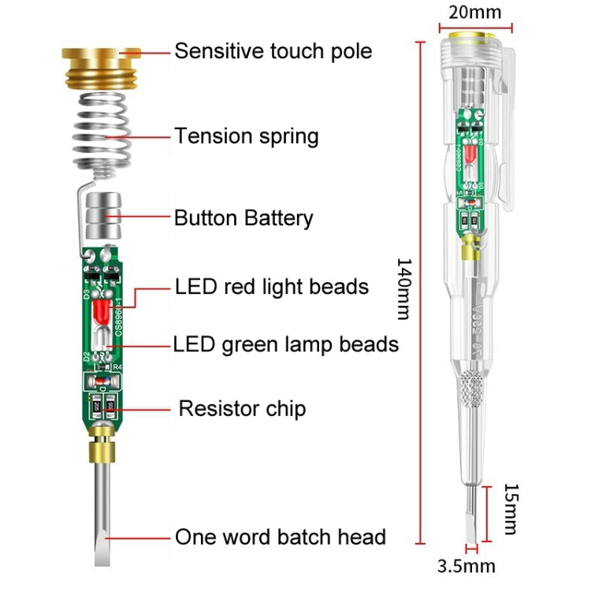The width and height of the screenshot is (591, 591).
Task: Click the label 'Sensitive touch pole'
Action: pos(273,52)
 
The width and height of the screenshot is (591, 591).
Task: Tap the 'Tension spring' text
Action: pos(246,136)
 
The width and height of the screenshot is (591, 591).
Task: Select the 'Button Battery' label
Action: pos(243,218)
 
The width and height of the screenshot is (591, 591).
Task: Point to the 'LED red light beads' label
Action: pos(272,286)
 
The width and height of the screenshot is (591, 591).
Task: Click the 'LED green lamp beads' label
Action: pos(285,344)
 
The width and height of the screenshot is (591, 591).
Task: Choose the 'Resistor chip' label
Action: pos(242,408)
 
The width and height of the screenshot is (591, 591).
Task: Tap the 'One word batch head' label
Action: pos(281,537)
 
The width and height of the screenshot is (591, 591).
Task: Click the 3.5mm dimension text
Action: pos(467,566)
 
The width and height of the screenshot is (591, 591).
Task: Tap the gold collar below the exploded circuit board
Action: pos(102,450)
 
